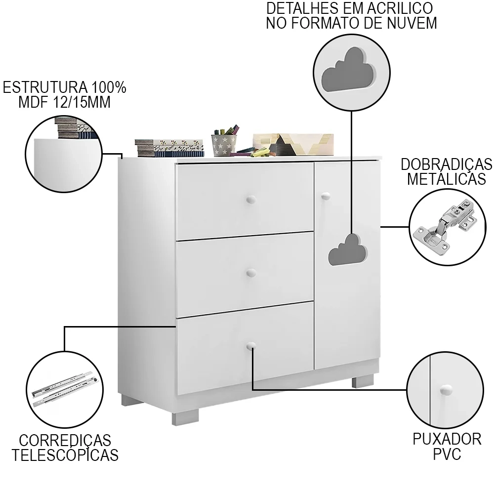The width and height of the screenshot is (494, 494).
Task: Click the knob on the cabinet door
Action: coord(325,197)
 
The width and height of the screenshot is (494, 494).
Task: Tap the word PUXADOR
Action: coord(447,439)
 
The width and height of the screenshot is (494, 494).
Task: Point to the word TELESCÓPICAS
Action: coord(65,455)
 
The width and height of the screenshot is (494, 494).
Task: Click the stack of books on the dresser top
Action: coord(169,148)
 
